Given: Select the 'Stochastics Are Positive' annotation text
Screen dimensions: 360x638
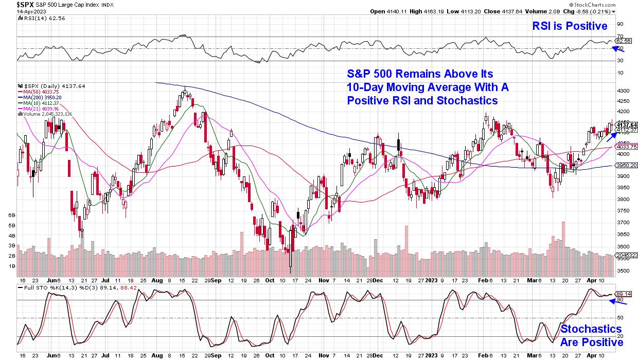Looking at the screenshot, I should tap(591, 335).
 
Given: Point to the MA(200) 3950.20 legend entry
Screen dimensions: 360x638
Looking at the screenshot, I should tap(39, 97).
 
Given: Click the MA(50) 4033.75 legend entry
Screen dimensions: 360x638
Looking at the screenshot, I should tap(38, 92).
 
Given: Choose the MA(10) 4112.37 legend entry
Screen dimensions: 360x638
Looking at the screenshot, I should tap(38, 103).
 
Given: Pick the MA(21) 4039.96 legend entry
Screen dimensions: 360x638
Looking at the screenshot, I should tap(38, 109).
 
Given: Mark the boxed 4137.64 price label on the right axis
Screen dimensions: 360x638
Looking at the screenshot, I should tap(626, 125).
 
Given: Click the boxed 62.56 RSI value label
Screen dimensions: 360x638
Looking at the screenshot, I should tap(623, 41).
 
